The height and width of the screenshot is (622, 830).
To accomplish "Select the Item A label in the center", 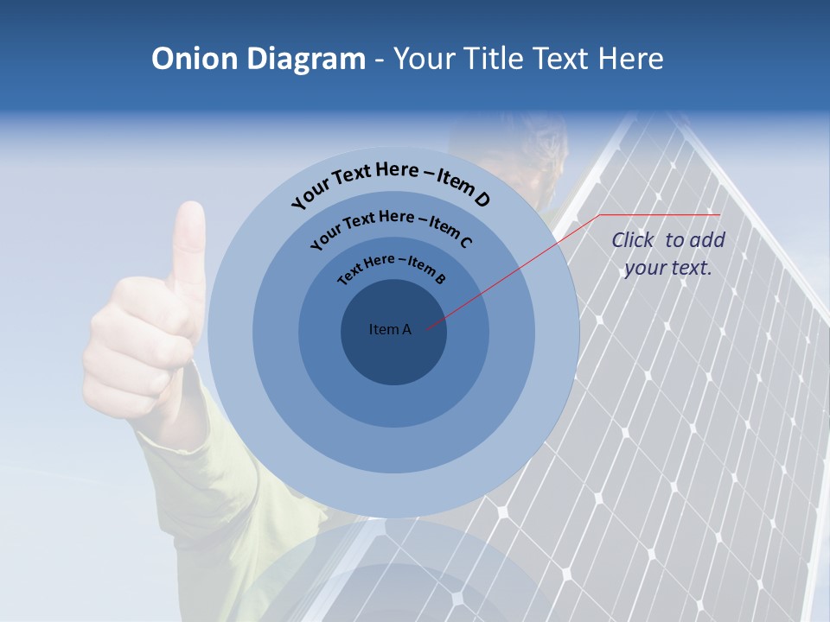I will (x=390, y=329).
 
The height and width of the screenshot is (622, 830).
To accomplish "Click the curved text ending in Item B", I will (x=392, y=269).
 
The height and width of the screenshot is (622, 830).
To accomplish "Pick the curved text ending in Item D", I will (x=391, y=183).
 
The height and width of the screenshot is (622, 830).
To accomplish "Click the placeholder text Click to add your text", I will (x=667, y=254).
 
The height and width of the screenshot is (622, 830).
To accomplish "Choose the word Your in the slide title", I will (x=427, y=59).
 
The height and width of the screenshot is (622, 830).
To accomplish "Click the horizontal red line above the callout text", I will (x=660, y=214).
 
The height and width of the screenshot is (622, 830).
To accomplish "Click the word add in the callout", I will (x=707, y=240).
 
